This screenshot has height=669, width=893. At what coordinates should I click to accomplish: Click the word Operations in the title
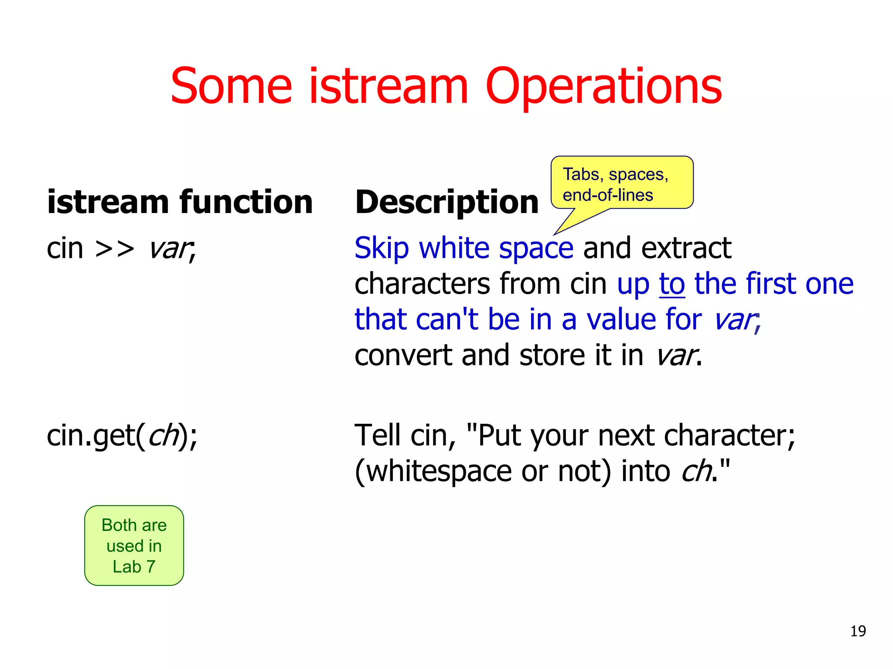(x=603, y=87)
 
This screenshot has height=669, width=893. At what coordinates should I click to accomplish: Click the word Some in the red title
(x=231, y=87)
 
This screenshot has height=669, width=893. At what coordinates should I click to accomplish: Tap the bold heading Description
(x=446, y=202)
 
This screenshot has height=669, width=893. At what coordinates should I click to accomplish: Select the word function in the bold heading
(x=246, y=202)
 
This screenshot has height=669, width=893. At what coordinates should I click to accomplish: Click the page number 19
(x=858, y=631)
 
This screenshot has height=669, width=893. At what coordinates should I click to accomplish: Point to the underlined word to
(x=672, y=284)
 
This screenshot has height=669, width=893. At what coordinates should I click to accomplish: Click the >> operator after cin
(x=115, y=249)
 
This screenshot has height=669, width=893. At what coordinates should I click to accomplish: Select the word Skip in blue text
(x=381, y=248)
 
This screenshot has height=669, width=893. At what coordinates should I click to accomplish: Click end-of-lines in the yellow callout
(x=607, y=195)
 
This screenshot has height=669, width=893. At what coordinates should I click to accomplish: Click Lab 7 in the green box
(x=134, y=567)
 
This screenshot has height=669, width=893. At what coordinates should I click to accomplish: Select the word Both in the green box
(x=119, y=525)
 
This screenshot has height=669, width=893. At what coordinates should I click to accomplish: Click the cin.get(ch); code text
(x=122, y=436)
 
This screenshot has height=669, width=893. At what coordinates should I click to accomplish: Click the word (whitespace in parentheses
(x=433, y=471)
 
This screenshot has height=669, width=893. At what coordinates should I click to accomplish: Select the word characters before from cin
(x=422, y=284)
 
